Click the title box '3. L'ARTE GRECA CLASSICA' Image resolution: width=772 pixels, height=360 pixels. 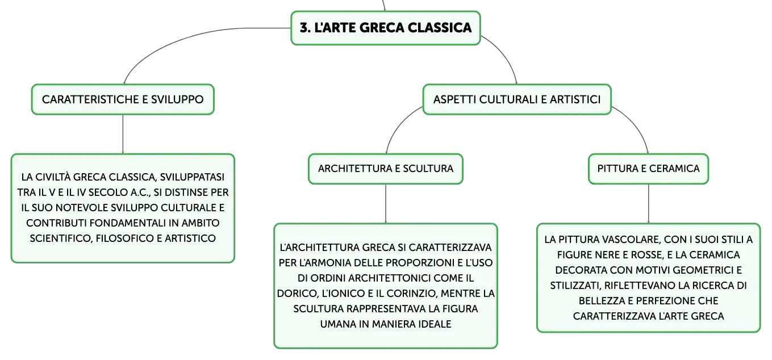click(386, 28)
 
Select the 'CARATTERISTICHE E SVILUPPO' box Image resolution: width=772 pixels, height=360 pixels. click(123, 99)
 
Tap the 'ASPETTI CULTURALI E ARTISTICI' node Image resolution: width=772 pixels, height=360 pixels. click(517, 99)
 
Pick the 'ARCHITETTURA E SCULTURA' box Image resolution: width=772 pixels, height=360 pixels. click(386, 169)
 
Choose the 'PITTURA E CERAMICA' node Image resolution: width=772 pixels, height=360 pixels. click(649, 169)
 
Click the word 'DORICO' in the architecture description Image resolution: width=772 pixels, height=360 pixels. click(298, 294)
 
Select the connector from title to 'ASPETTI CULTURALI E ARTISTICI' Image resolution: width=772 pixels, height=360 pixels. click(504, 55)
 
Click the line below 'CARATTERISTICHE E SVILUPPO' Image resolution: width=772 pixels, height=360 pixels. click(123, 134)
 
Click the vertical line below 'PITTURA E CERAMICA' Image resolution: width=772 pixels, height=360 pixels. click(649, 204)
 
